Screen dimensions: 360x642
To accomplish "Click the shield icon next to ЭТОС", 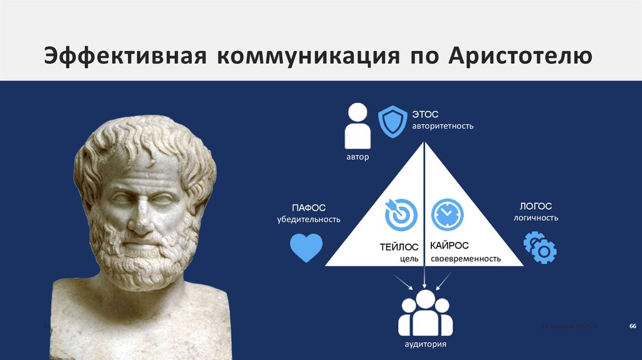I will click(392, 121).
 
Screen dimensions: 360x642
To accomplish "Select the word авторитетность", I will click(443, 126).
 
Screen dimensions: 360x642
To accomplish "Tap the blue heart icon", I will click(307, 248).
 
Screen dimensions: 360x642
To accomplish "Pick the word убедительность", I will click(308, 220).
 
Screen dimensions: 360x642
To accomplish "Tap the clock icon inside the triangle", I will click(448, 214).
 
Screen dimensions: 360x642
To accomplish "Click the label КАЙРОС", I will click(450, 246).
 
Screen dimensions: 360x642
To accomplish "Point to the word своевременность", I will click(465, 258).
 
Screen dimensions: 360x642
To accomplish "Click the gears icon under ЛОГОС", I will click(540, 247).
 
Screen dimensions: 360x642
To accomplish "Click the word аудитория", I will click(425, 345).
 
